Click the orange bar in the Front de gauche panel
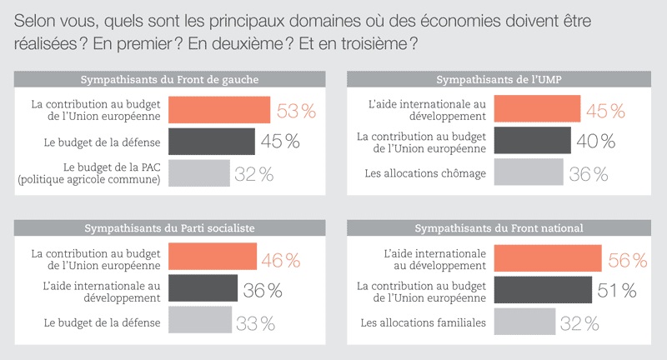pyautogui.click(x=219, y=111)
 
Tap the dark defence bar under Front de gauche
pyautogui.click(x=212, y=142)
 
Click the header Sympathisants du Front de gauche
pyautogui.click(x=169, y=80)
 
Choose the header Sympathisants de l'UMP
pyautogui.click(x=498, y=80)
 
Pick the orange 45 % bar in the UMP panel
pyautogui.click(x=538, y=111)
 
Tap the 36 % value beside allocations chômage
pyautogui.click(x=589, y=173)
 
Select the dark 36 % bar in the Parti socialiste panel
pyautogui.click(x=202, y=289)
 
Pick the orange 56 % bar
pyautogui.click(x=548, y=258)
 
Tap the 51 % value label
pyautogui.click(x=617, y=289)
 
